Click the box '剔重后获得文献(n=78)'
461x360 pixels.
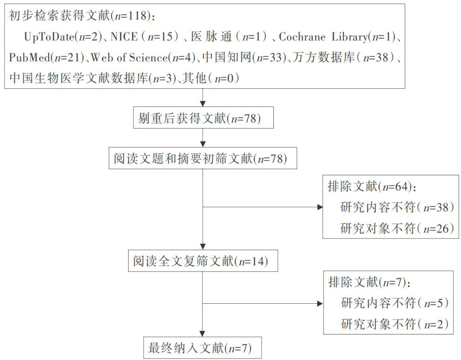pos(203,118)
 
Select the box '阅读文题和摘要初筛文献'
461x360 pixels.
pos(202,158)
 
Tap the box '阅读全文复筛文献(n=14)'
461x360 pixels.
pos(203,261)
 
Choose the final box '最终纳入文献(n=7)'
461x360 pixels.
pos(202,348)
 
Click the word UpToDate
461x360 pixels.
pos(49,37)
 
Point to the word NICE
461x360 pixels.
pos(124,37)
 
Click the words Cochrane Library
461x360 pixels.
pos(323,37)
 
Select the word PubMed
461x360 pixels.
pos(29,57)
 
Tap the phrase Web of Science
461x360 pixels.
pos(129,57)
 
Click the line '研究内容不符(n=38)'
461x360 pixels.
pos(397,207)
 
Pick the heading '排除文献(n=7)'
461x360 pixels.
pos(369,282)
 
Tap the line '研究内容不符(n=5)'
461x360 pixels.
pos(394,303)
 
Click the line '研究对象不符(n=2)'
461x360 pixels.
pos(394,324)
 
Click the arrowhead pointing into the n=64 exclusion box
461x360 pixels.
pos(320,207)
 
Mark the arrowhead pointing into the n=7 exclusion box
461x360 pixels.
pos(320,303)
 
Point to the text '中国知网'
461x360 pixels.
pos(226,57)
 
